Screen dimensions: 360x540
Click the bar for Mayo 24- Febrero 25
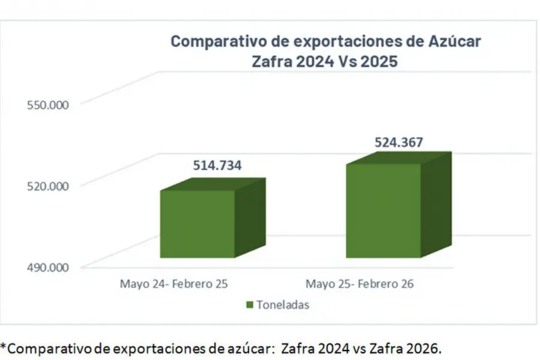coord(197,223)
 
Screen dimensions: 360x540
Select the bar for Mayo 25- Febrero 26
coord(383,210)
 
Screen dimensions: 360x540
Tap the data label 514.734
coord(217,166)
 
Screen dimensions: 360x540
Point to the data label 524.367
coord(399,143)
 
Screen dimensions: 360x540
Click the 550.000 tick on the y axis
coord(47,104)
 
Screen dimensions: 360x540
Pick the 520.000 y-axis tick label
coord(47,186)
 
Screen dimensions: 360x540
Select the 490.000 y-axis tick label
coord(47,268)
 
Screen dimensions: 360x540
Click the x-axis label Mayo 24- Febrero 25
coord(173,283)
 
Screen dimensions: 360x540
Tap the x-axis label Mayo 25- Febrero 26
coord(359,283)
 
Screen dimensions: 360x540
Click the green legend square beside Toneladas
coord(250,305)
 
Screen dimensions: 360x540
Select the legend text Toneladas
coord(283,305)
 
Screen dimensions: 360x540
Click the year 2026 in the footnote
coord(422,347)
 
